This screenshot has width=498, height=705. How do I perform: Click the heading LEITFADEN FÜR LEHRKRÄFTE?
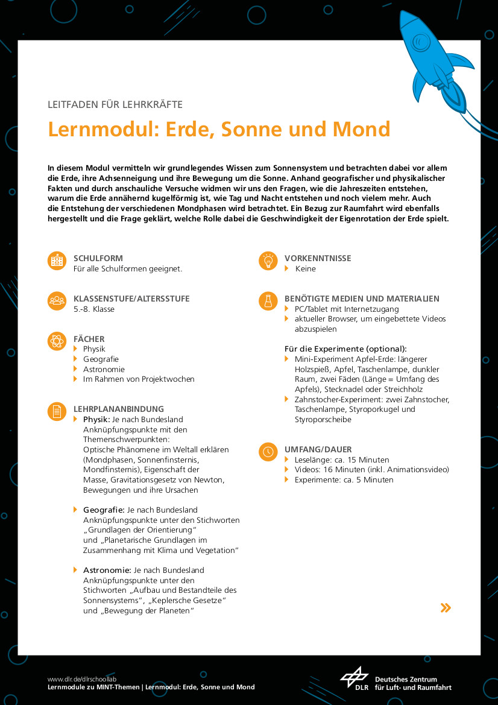(115, 104)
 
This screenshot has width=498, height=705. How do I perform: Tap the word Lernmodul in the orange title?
(93, 129)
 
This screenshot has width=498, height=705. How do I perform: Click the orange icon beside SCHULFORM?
(57, 261)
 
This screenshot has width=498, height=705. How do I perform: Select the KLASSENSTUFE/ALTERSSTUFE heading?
(131, 299)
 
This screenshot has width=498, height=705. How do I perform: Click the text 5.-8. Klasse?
(94, 309)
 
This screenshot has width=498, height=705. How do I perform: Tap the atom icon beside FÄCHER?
(57, 341)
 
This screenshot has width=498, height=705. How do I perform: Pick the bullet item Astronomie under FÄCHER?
(104, 369)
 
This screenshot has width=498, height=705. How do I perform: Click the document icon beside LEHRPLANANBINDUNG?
(57, 412)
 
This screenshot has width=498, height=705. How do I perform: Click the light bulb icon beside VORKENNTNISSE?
(268, 261)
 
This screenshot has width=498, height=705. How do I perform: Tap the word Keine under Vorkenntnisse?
(305, 268)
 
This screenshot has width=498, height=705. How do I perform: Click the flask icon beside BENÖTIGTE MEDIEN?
(268, 301)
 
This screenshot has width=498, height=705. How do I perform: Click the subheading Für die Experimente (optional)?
(345, 349)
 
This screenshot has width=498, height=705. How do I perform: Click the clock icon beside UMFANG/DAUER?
(268, 452)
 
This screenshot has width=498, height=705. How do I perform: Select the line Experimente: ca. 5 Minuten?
(344, 479)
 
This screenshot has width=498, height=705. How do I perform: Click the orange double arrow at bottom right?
(446, 607)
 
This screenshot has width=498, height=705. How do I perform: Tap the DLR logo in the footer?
(355, 678)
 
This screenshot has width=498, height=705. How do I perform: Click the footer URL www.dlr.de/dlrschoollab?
(82, 678)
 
